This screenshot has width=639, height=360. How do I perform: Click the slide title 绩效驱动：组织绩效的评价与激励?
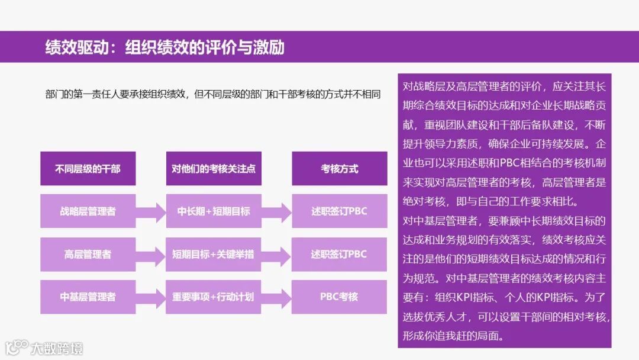point(165,47)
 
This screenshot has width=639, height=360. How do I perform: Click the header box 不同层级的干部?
point(88,169)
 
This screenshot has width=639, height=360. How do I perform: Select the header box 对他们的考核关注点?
point(214,169)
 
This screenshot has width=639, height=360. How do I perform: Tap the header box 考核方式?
point(340,169)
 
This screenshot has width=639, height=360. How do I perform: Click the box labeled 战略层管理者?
point(88,211)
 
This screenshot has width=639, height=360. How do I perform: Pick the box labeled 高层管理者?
point(88,255)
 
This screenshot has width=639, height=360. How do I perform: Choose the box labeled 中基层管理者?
point(88,297)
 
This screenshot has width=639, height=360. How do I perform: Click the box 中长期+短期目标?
point(214,211)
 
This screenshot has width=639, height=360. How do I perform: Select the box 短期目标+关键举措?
point(214,255)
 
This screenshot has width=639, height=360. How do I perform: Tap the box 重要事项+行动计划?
point(214,297)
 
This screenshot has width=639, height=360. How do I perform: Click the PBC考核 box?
point(340,296)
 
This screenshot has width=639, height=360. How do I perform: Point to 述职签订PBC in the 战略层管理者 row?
point(340,211)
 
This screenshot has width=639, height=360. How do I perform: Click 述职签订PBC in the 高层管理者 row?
point(340,255)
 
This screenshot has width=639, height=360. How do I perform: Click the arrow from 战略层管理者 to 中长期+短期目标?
point(151,211)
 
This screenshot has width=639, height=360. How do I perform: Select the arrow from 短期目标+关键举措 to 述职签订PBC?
point(276,255)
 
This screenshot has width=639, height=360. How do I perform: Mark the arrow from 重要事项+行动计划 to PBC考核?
point(276,297)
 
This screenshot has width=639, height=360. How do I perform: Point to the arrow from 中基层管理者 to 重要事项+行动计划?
point(151,297)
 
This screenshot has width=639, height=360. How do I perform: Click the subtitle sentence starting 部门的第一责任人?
point(212,94)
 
